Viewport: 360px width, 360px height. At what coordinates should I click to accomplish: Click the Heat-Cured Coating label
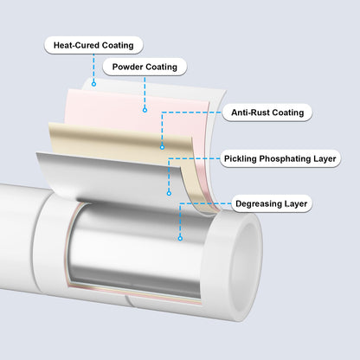93,45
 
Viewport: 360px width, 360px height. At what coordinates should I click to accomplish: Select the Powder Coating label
145,67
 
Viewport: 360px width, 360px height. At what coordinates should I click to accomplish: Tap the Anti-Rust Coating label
267,112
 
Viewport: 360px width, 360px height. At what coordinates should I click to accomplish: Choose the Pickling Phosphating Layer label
280,158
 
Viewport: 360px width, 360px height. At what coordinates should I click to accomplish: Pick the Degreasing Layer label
272,203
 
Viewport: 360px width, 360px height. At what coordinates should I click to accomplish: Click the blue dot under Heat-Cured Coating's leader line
93,84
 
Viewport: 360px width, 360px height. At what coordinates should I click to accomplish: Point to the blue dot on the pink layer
145,110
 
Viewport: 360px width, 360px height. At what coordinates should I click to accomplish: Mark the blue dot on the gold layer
162,147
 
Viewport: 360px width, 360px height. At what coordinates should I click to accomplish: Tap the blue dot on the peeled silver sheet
169,193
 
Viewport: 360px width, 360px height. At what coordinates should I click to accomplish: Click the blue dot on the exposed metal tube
180,238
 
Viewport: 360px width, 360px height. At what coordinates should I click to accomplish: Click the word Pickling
241,158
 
